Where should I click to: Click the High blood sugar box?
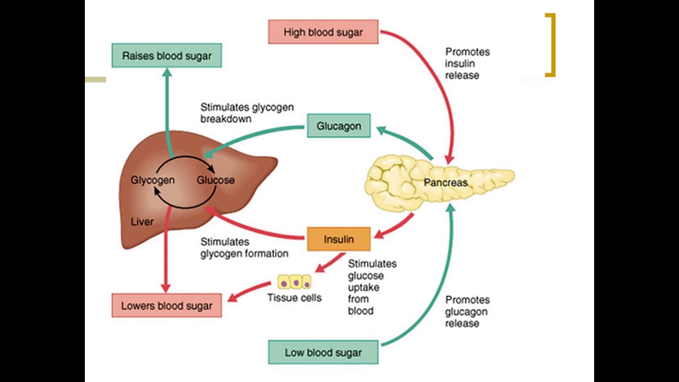(x=323, y=32)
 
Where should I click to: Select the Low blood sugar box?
(x=323, y=352)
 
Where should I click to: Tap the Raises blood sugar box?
(x=167, y=56)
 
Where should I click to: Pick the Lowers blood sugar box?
(x=167, y=306)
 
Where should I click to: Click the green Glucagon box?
(x=338, y=126)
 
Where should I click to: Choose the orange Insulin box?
(x=338, y=239)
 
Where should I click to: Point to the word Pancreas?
(x=446, y=183)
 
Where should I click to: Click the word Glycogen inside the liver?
(x=152, y=180)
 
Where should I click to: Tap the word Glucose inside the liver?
(x=215, y=180)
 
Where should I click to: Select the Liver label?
(x=142, y=222)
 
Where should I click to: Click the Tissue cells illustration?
(x=294, y=282)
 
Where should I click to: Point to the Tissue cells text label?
(x=294, y=298)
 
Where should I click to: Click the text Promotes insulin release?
(x=467, y=64)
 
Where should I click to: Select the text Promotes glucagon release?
(x=467, y=311)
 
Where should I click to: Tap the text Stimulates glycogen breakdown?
(x=247, y=113)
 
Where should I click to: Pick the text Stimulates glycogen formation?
(x=244, y=248)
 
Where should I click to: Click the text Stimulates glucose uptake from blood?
(x=371, y=287)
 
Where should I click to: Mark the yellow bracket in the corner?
(x=552, y=45)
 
